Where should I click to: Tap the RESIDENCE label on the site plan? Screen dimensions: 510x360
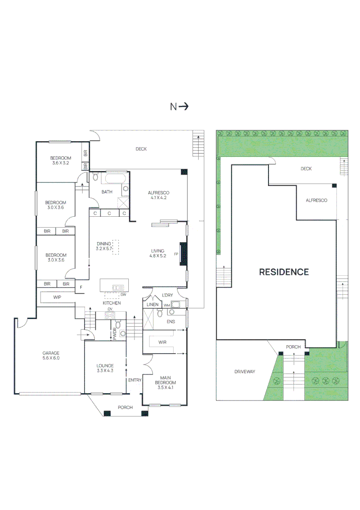click(x=284, y=272)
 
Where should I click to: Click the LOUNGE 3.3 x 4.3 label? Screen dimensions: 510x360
click(x=105, y=368)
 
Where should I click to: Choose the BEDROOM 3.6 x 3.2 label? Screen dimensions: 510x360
click(x=61, y=160)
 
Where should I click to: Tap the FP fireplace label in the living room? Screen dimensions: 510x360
click(x=176, y=254)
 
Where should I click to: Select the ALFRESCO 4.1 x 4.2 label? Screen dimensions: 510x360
click(x=158, y=195)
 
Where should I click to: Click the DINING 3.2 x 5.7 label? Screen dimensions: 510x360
click(x=103, y=246)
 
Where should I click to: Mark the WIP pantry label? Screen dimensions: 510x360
click(x=57, y=297)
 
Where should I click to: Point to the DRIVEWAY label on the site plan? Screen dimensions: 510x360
click(x=244, y=372)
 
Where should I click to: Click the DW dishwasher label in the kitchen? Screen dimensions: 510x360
click(x=123, y=295)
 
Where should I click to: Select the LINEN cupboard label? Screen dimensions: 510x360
click(x=152, y=305)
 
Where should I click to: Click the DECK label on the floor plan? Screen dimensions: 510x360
click(x=141, y=149)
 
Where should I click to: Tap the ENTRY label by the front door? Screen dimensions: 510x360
click(x=134, y=380)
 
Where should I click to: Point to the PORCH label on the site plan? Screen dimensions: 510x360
click(x=293, y=347)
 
